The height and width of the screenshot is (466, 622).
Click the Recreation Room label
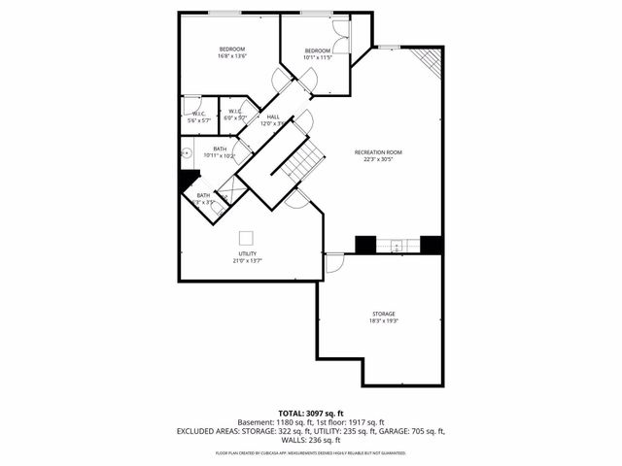click(x=378, y=152)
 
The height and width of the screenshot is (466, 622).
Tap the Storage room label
click(x=383, y=314)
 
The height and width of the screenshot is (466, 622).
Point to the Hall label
click(x=273, y=116)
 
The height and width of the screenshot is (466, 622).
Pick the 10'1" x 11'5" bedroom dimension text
click(x=318, y=58)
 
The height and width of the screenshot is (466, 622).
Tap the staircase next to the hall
click(x=301, y=160)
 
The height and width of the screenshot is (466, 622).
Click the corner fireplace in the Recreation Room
click(x=428, y=64)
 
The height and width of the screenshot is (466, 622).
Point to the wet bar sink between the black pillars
click(x=397, y=245)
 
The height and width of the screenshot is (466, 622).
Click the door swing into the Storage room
click(x=334, y=263)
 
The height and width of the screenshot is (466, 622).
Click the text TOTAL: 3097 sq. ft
click(x=310, y=413)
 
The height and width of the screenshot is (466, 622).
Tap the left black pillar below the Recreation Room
click(x=365, y=245)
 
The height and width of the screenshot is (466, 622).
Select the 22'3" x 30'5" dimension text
click(x=378, y=160)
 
